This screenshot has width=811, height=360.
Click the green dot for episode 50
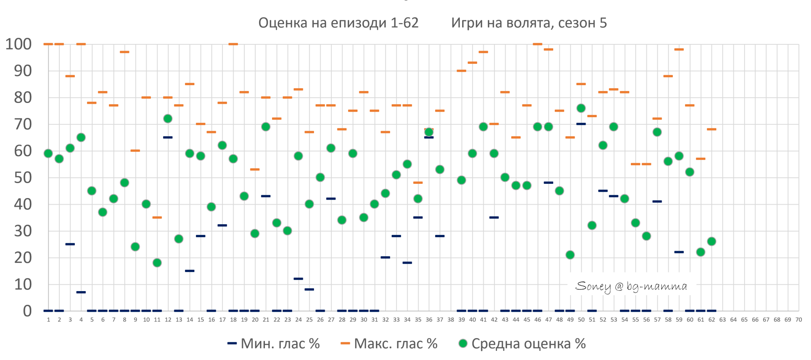tap(581, 108)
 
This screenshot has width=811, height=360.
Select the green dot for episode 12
tap(168, 118)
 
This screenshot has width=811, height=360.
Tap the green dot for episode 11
tap(157, 263)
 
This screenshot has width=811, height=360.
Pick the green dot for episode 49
tap(570, 255)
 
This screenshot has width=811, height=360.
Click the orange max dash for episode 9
tap(135, 150)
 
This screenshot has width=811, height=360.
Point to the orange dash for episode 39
tap(461, 71)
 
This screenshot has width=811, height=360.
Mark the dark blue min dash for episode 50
tap(581, 124)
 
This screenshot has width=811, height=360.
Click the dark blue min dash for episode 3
tap(70, 244)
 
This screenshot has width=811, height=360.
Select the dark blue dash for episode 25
tap(309, 290)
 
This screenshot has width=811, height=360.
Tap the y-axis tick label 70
tap(23, 124)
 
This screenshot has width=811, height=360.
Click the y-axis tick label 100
tap(19, 44)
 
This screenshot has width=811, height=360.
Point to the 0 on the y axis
tap(27, 311)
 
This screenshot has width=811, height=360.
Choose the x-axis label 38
tap(451, 320)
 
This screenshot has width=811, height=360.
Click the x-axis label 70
tap(798, 320)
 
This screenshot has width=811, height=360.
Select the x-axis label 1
tap(48, 320)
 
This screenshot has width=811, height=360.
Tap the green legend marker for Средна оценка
tap(463, 343)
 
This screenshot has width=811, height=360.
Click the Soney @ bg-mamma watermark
tap(631, 286)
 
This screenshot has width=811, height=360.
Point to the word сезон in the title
tap(577, 23)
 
